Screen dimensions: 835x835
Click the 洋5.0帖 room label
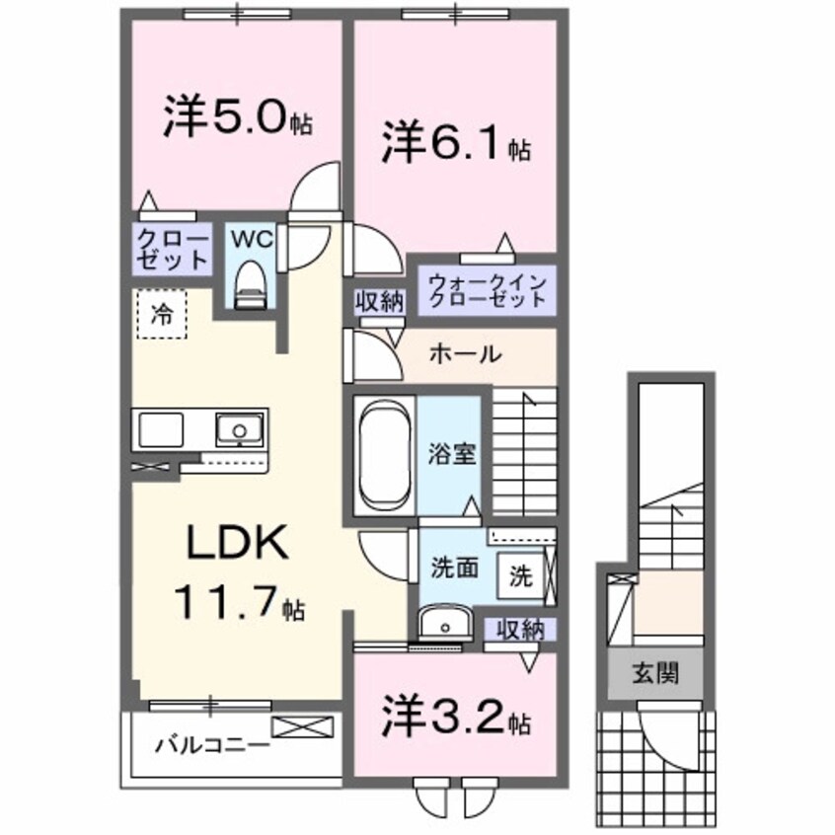point(237,118)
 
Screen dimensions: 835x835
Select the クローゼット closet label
point(173,250)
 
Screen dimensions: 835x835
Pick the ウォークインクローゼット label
point(486,289)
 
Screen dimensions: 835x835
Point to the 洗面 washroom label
point(454,568)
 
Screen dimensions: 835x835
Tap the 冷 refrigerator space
point(161,316)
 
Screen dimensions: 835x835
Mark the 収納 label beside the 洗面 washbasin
point(518,628)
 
